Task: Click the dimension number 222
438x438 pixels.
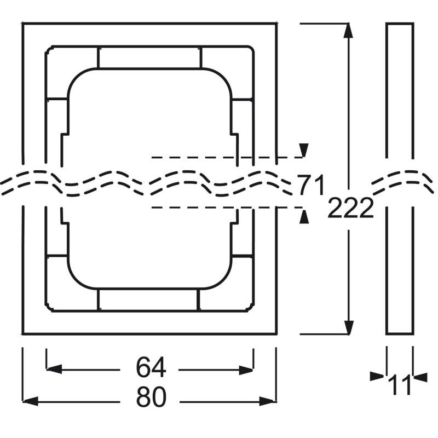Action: (x=350, y=208)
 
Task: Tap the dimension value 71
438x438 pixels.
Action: (x=312, y=185)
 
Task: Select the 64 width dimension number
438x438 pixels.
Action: (x=151, y=368)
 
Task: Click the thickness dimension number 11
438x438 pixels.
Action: (x=400, y=384)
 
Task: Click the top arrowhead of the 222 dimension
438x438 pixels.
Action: (x=347, y=31)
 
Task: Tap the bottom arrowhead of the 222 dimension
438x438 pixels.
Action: (x=347, y=327)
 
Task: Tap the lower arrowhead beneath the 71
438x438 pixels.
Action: (x=304, y=217)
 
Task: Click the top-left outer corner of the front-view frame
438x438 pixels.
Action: (x=23, y=24)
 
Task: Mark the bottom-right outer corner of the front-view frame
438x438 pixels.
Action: (x=276, y=333)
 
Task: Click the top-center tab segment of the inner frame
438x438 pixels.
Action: (x=149, y=57)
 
